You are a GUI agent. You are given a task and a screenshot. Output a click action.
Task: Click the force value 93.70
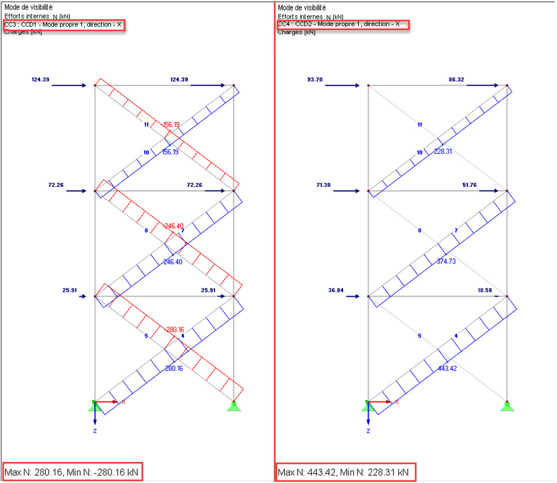tap(315, 80)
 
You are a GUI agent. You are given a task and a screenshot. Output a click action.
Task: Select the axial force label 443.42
tap(447, 369)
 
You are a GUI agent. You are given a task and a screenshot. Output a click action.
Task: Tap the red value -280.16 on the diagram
tap(174, 330)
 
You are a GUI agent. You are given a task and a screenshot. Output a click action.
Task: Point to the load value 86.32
tap(456, 80)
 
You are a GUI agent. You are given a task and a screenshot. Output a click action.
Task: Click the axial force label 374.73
tap(446, 261)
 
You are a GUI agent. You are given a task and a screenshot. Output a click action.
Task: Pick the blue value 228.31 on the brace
tap(442, 152)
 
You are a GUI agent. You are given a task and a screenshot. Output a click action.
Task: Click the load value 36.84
tap(335, 290)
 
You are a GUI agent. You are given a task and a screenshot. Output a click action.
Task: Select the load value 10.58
tap(484, 290)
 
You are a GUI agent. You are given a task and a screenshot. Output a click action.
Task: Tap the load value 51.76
tap(469, 185)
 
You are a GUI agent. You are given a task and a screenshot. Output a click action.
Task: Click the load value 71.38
tap(323, 185)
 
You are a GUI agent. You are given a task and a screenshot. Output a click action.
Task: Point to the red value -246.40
tap(173, 226)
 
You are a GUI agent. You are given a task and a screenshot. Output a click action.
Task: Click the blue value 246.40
tap(173, 262)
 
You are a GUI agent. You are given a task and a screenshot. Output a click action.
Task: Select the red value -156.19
tap(171, 125)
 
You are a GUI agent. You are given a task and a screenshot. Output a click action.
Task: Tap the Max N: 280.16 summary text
tap(33, 473)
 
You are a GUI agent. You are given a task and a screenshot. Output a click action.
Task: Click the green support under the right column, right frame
tap(507, 406)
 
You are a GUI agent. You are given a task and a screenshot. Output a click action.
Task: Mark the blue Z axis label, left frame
tap(95, 431)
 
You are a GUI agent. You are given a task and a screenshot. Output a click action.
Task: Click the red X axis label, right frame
tap(397, 402)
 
